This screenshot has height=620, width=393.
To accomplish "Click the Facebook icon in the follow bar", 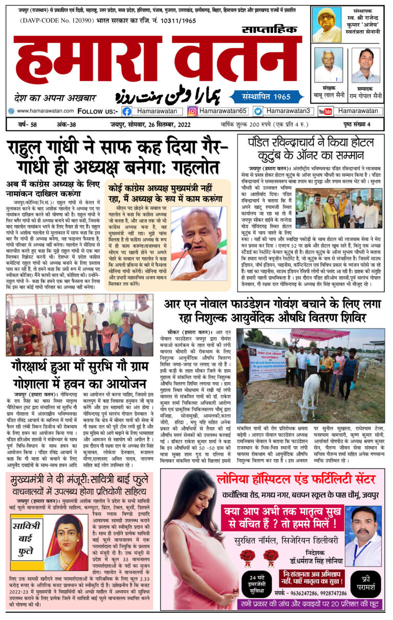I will pos(126,111).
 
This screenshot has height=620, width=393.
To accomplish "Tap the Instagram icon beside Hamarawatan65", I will pos(192,111).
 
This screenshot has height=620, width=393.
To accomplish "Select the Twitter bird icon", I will pos(258,111).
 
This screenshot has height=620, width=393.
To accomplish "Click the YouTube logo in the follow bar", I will pos(325,111).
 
